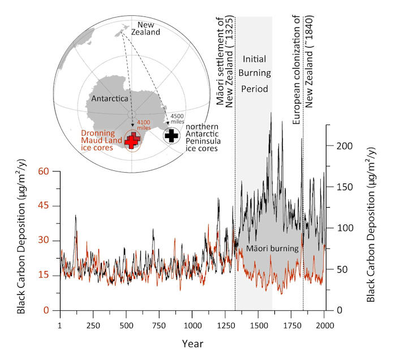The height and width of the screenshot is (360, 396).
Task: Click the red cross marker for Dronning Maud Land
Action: tap(133, 140)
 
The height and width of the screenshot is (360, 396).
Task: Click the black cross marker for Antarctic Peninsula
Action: tap(173, 135)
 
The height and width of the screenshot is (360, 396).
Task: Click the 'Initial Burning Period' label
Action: tap(256, 74)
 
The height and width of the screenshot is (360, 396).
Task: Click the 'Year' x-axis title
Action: tap(192, 344)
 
